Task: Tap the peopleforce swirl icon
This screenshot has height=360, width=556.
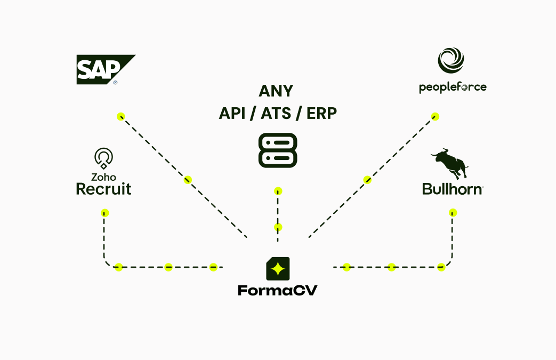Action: tap(451, 61)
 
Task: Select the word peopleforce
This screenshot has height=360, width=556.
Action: tap(453, 87)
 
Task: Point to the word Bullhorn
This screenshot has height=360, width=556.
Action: tap(453, 189)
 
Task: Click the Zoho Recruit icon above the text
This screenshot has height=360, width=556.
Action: tap(103, 158)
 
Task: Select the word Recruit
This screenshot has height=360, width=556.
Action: tap(104, 189)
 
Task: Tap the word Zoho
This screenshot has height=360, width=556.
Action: tap(104, 177)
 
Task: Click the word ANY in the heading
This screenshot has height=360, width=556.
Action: tap(276, 91)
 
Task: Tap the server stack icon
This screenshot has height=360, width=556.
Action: tap(278, 150)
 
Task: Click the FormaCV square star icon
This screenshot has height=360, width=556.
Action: tap(278, 269)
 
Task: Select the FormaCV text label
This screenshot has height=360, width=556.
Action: tap(278, 291)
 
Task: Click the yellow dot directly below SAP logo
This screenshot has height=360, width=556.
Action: tap(121, 116)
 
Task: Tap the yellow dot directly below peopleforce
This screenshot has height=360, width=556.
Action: tap(435, 116)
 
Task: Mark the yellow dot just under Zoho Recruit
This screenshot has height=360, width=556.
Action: tap(105, 213)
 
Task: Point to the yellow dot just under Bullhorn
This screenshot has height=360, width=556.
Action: tap(453, 213)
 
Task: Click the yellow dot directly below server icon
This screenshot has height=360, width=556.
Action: tap(278, 191)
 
